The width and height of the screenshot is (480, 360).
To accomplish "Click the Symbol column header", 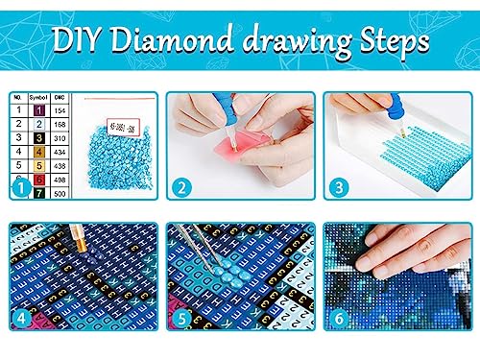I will (x=39, y=98).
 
